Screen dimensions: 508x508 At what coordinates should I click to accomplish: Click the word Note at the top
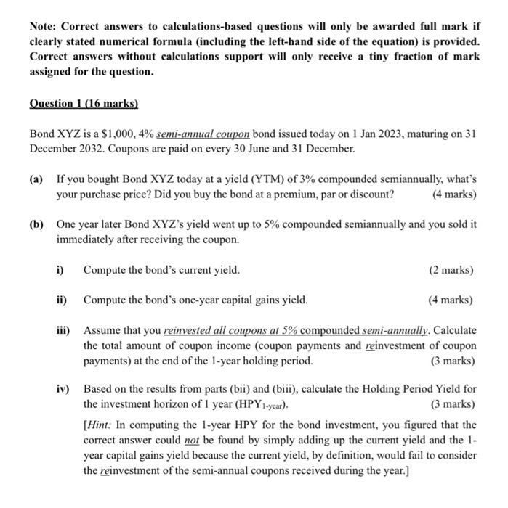[x=44, y=26]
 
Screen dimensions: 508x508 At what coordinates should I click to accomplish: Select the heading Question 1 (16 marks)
[x=84, y=104]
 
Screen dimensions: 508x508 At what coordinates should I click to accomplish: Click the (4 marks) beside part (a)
[x=453, y=194]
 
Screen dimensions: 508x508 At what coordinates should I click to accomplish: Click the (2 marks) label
[x=451, y=270]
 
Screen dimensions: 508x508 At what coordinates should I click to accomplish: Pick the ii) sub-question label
[x=63, y=300]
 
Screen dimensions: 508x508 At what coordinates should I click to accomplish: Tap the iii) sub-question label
[x=65, y=330]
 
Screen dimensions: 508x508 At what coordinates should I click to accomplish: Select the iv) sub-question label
[x=64, y=389]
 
